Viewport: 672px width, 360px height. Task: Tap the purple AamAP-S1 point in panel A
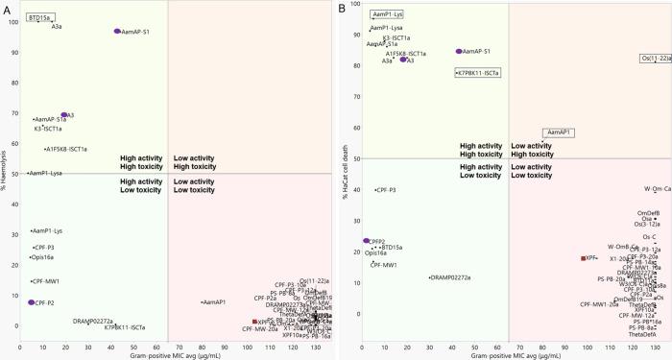[x=117, y=32]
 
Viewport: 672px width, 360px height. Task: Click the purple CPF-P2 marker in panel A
[x=32, y=302]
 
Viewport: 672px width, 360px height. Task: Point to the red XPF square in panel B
[x=584, y=258]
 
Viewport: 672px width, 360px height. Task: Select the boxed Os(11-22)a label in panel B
[x=655, y=59]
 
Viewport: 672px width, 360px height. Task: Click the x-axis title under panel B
[x=509, y=355]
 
